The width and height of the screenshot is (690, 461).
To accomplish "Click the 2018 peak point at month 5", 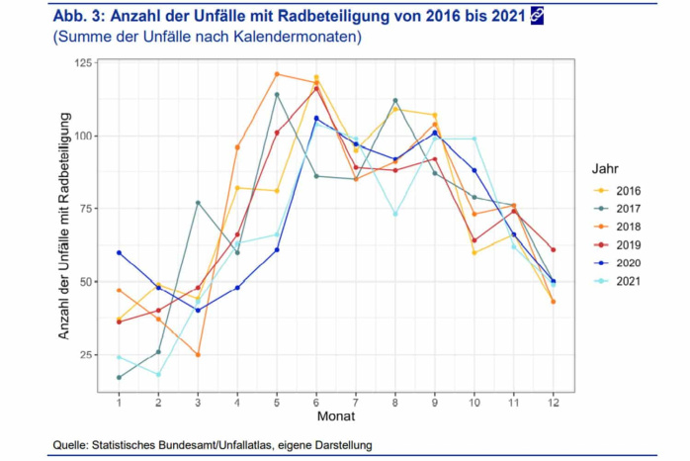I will tap(277, 74).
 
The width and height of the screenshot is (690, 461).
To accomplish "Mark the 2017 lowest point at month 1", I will tap(119, 378).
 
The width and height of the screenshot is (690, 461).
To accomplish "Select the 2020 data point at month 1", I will tap(119, 252).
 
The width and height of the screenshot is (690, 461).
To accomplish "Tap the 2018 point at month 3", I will tap(198, 354).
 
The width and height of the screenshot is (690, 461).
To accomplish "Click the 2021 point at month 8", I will tap(395, 214).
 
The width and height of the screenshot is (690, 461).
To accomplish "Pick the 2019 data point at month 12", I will tap(553, 249).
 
